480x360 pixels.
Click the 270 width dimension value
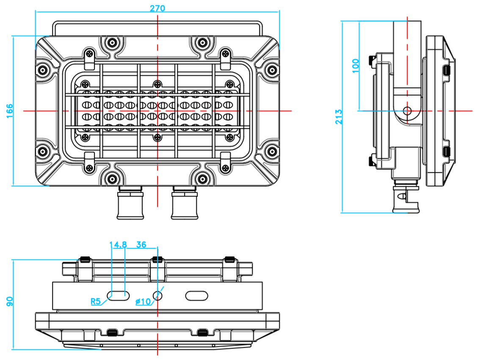coord(157,8)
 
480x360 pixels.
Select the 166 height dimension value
coord(9,111)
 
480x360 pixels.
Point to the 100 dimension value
coord(355,66)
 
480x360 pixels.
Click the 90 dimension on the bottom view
coord(10,301)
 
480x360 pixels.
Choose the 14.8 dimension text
coord(118,244)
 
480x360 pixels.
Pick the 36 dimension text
coord(141,244)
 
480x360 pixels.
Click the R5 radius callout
coord(96,301)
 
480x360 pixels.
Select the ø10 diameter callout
coord(143,302)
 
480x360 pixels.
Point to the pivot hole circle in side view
coord(407,111)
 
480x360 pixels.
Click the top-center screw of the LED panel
coord(157,83)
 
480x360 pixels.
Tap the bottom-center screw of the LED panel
coord(157,137)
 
